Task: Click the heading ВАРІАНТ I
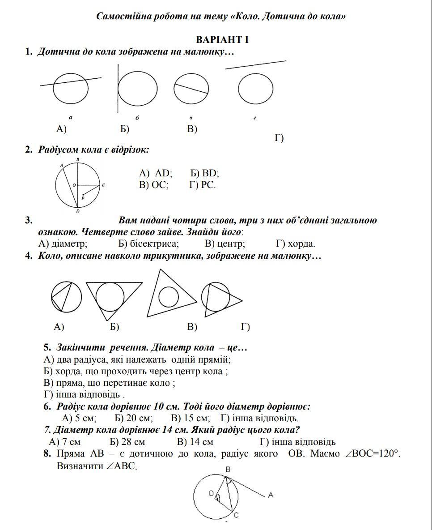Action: tap(222, 39)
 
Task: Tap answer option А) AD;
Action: tap(156, 173)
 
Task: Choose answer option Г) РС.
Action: tap(203, 185)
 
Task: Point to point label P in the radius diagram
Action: tap(83, 198)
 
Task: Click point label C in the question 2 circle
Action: tap(103, 185)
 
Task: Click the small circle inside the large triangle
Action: tap(169, 296)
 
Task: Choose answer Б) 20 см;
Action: tap(134, 419)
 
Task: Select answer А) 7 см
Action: tap(65, 442)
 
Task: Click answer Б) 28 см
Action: tap(127, 442)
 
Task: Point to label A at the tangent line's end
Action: tap(271, 495)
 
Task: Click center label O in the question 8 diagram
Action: tap(211, 493)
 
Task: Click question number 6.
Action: tap(47, 407)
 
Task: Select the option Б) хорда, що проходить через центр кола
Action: tap(136, 371)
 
